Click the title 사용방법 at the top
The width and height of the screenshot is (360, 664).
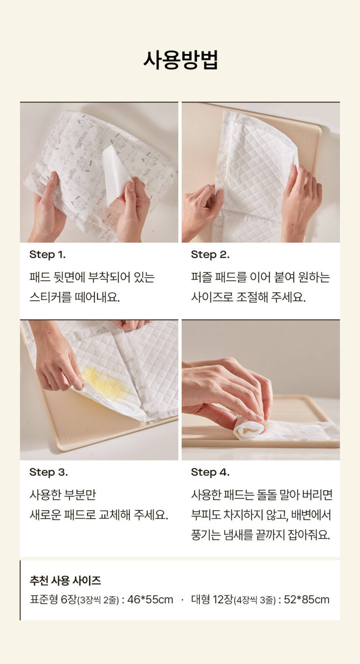180,60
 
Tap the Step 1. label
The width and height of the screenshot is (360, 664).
47,255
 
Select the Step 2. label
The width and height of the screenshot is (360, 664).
210,255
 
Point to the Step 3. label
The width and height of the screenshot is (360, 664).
49,472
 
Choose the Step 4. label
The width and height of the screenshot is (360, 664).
210,472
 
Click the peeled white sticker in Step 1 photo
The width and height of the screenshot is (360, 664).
117,175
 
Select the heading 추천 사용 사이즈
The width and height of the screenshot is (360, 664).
65,580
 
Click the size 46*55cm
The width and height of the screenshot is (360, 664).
150,600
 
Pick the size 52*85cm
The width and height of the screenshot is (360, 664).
307,600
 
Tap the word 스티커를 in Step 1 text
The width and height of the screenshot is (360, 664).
50,297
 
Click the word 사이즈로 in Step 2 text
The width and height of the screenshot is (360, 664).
212,297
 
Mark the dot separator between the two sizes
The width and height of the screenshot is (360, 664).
182,600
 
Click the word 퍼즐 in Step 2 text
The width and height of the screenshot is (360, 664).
201,277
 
